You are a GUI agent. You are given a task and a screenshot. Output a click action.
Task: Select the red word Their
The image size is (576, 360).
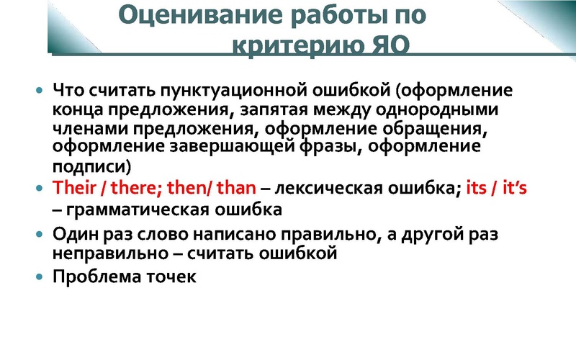pyautogui.click(x=76, y=189)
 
